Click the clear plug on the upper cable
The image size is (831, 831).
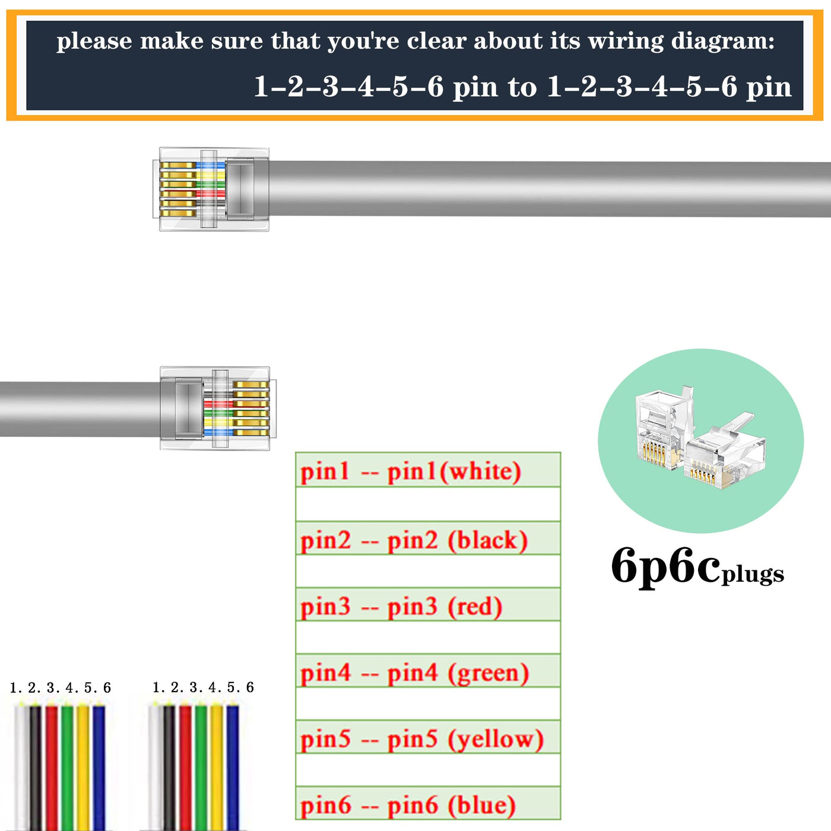click(x=211, y=189)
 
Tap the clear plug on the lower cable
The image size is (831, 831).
click(x=218, y=408)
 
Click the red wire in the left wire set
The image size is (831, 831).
click(x=52, y=767)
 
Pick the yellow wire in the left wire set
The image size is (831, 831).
click(x=83, y=767)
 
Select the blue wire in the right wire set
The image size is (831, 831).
click(x=233, y=767)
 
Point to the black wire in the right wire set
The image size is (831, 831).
click(x=170, y=767)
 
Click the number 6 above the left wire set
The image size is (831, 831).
click(x=107, y=688)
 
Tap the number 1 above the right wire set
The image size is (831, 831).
click(x=156, y=687)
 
